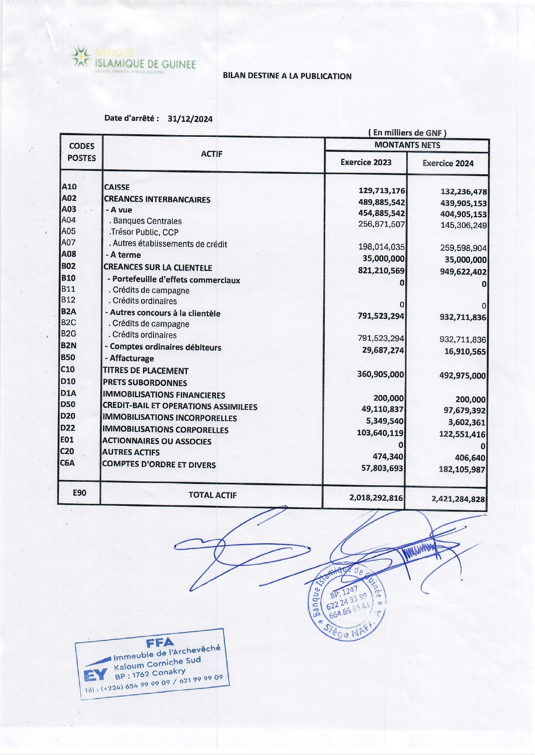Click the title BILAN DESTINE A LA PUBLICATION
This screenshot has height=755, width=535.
[287, 76]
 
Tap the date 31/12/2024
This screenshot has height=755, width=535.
[190, 119]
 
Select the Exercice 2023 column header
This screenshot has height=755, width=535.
[366, 162]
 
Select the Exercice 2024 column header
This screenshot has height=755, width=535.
[448, 163]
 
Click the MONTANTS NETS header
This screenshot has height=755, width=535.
[407, 145]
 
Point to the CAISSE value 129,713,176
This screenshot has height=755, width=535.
[382, 191]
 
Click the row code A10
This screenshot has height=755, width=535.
[69, 187]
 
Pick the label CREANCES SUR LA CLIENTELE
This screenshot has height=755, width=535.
[158, 268]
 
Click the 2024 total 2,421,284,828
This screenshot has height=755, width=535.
[458, 499]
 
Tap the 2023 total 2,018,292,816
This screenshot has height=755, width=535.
[376, 498]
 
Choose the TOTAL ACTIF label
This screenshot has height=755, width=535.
[212, 495]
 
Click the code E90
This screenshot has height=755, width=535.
[79, 493]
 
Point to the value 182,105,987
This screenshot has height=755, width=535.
[462, 469]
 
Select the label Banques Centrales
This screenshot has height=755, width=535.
[147, 221]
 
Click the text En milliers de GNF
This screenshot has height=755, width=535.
[407, 133]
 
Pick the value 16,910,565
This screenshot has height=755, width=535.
[465, 351]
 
